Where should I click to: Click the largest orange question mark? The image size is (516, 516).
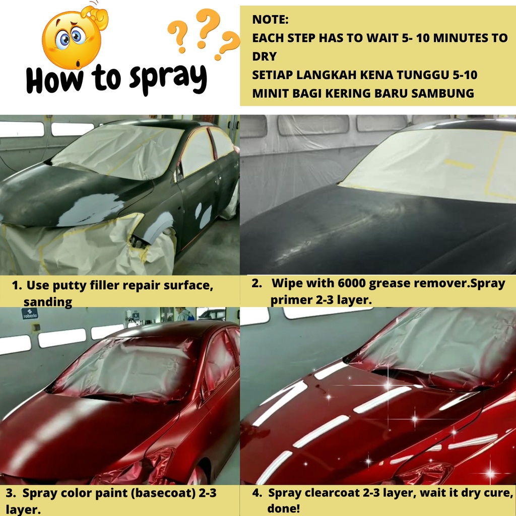pos(207,28)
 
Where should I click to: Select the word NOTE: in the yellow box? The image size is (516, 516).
pos(270,20)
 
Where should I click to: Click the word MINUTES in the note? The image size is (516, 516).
pos(461,38)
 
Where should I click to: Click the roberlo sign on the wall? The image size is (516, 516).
pos(30,313)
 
